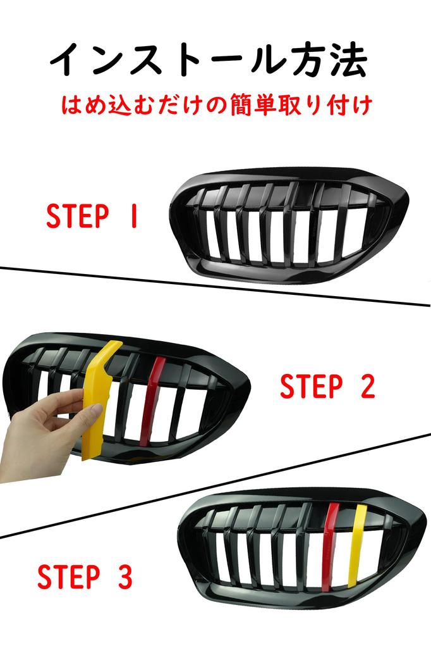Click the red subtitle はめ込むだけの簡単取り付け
tap(214, 106)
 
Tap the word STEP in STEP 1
tap(77, 216)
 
